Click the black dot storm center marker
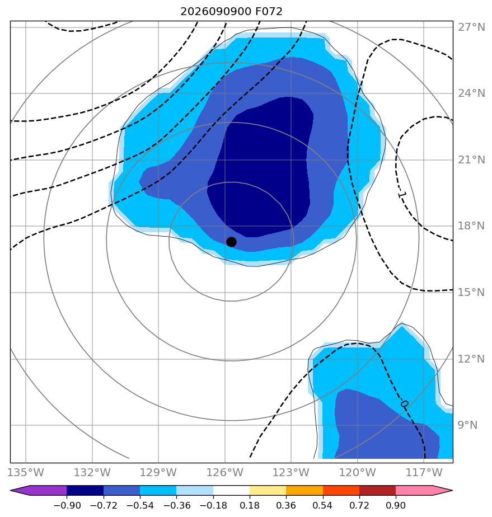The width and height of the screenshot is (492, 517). click(x=231, y=242)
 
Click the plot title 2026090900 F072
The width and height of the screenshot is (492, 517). click(x=231, y=12)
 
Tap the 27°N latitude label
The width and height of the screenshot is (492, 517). click(x=471, y=27)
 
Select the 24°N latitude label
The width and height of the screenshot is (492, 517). click(x=471, y=93)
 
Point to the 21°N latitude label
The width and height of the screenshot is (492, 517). click(x=471, y=159)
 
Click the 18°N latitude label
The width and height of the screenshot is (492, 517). click(x=471, y=226)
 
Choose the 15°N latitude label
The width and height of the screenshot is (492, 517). click(x=471, y=292)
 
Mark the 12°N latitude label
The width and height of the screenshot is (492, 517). click(x=471, y=359)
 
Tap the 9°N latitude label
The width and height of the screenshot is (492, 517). click(x=467, y=425)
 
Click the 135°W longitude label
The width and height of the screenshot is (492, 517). click(x=26, y=472)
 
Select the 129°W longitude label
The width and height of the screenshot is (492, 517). click(x=158, y=472)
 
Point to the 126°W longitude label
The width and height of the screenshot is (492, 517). click(x=225, y=472)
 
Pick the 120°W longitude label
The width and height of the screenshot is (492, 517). click(x=358, y=472)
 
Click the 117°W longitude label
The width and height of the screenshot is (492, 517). click(x=424, y=472)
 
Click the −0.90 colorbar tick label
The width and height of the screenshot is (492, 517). click(x=67, y=505)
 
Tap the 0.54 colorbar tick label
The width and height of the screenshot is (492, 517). click(x=322, y=505)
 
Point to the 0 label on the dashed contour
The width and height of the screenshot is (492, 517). click(x=405, y=404)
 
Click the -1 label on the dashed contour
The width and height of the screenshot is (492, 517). click(x=402, y=195)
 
